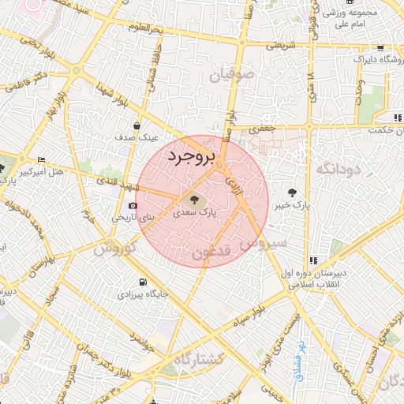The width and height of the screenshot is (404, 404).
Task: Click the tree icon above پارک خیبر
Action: click(x=293, y=192)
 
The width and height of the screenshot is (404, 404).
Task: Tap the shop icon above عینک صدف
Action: click(x=137, y=125)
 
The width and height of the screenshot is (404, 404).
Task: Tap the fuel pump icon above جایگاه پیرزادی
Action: click(x=141, y=282)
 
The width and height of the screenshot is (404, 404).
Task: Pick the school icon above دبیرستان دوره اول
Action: click(x=313, y=260)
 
